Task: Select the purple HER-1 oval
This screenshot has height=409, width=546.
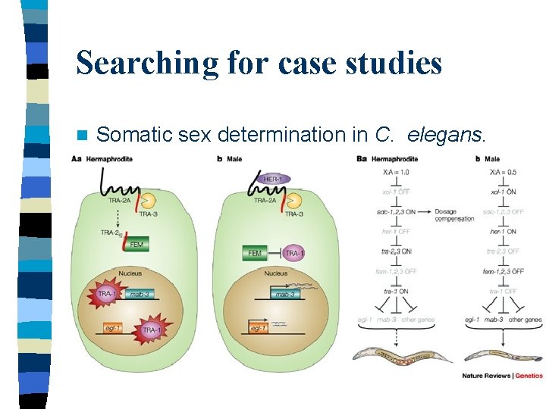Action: click(x=274, y=179)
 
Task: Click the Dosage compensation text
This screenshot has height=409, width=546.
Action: click(x=454, y=215)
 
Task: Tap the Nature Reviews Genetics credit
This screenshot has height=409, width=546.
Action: click(x=502, y=376)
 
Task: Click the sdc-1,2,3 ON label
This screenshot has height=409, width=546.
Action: click(x=395, y=211)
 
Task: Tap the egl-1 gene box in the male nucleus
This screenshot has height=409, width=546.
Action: click(x=257, y=328)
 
